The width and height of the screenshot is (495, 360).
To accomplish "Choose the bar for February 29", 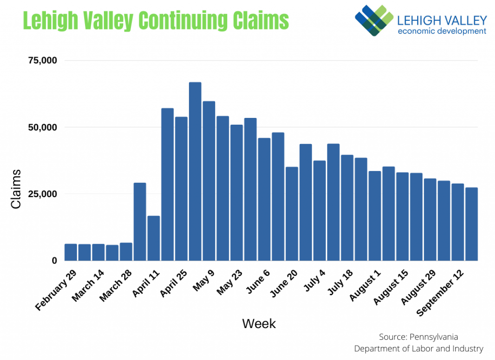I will (x=71, y=252).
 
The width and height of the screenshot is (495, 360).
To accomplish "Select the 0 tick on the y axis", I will (x=54, y=260).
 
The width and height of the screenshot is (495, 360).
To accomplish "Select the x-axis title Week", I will (x=259, y=323).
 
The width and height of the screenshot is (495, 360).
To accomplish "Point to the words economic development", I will (x=441, y=31).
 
